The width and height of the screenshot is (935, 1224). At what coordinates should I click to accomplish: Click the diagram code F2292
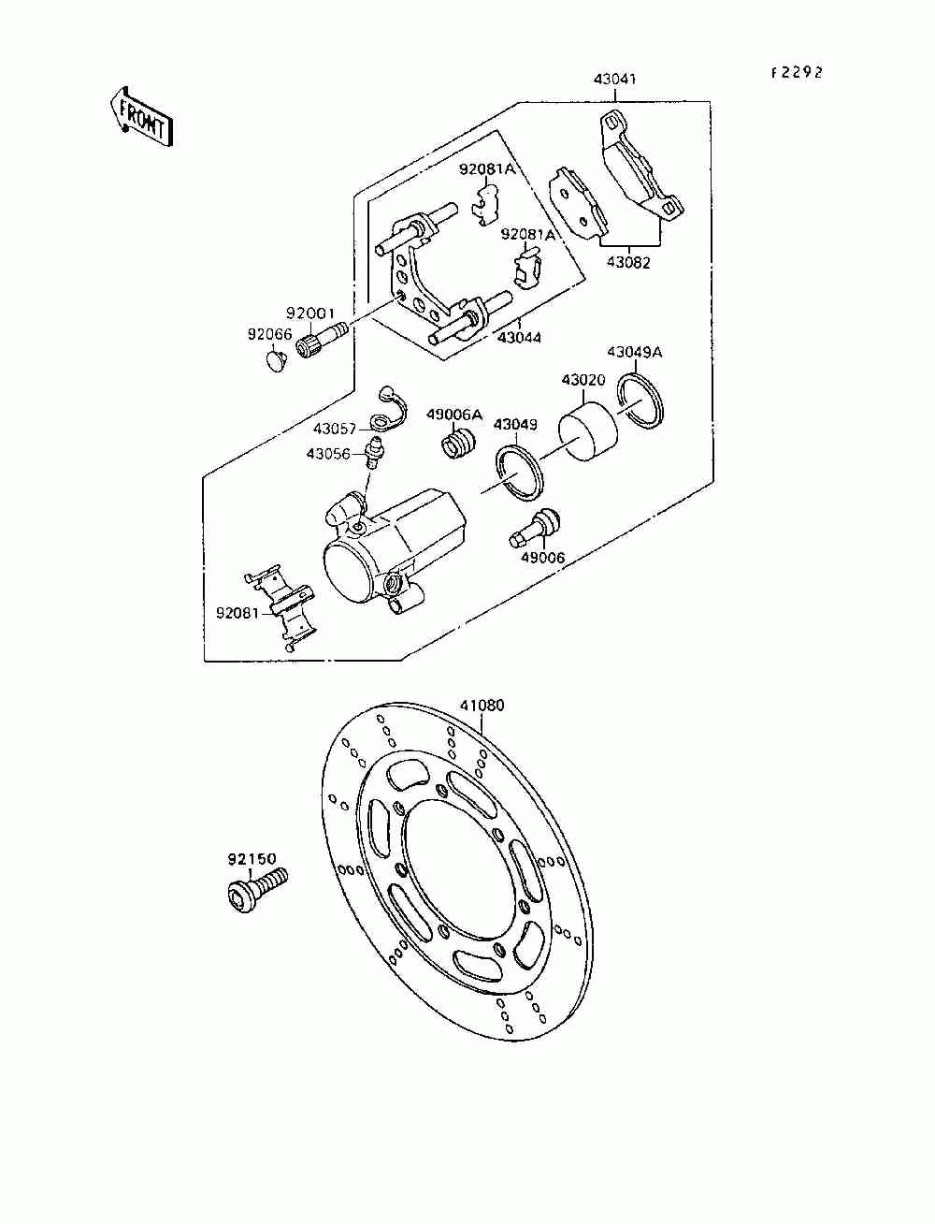pos(797,73)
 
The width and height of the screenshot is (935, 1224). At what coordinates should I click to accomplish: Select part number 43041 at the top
pos(614,80)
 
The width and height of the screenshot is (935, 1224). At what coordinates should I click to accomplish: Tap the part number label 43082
pos(628,263)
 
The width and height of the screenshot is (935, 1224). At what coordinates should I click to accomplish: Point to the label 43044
pos(519,337)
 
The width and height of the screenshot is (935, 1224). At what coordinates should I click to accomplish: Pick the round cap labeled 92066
pos(276,358)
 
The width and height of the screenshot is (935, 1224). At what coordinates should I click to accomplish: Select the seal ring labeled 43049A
pos(640,401)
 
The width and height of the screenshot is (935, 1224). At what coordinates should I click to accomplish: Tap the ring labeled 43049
pos(518,472)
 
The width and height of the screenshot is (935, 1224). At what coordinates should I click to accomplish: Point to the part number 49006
pos(542,559)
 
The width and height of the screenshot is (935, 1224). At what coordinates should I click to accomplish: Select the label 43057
pos(336,429)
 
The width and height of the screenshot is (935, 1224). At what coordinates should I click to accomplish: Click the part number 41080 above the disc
pos(482,706)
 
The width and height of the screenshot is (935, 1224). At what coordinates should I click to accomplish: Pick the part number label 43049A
pos(634,352)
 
